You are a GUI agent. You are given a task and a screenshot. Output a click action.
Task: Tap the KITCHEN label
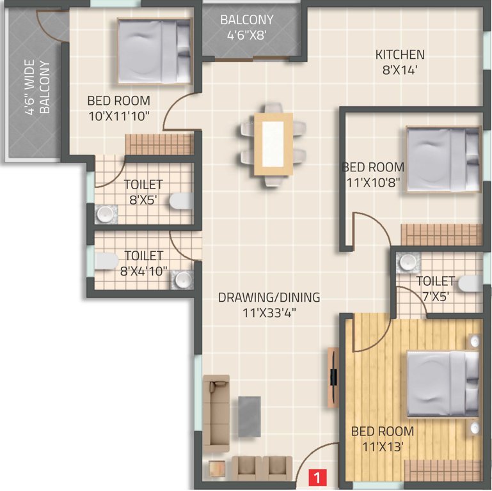coord(399,55)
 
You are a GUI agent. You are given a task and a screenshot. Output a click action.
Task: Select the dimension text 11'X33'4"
coord(269,313)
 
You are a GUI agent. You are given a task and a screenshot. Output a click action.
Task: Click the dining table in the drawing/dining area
coord(273,144)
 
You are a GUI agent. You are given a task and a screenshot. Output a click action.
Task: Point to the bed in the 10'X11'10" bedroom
coord(154,51)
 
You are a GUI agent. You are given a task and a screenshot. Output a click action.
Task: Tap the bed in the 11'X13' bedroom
coord(443,383)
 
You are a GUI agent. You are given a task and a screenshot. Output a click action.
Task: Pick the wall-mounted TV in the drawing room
coord(333,377)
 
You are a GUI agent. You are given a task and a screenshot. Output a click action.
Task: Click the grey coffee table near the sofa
coord(250,416)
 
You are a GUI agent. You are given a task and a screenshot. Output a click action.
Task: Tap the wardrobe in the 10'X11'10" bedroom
coord(159,144)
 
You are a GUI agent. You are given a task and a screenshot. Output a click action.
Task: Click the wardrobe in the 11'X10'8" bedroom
coord(441,234)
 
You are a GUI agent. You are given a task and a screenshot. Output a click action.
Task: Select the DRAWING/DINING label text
coord(269,298)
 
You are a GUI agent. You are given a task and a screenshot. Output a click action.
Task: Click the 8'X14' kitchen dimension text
coord(400,70)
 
